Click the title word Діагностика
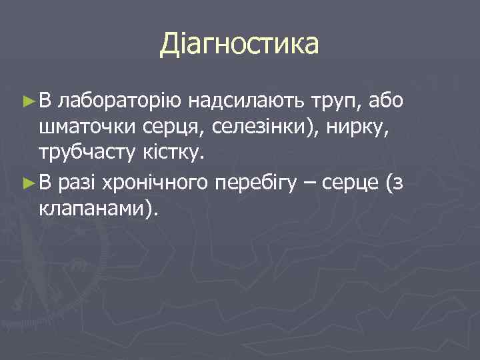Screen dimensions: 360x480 click(239, 45)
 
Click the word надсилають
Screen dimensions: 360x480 click(247, 101)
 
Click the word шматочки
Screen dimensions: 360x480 click(86, 128)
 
